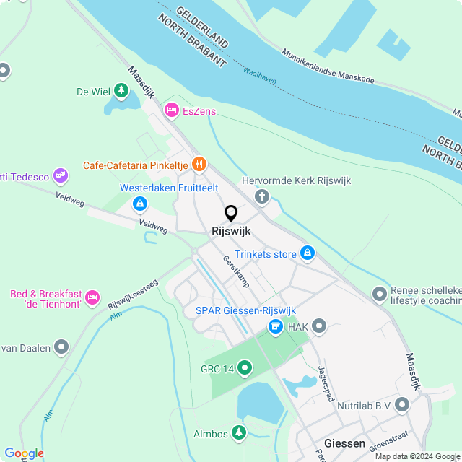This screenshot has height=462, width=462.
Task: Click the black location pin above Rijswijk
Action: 231,214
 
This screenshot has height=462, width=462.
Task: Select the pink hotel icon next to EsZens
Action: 172,110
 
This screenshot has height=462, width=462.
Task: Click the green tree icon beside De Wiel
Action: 121,91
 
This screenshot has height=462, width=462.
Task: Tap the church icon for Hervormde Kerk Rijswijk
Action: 261,196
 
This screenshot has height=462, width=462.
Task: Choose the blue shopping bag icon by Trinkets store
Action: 308,253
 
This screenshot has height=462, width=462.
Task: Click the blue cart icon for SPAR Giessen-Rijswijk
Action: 275,327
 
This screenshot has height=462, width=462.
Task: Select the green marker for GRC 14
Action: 245,369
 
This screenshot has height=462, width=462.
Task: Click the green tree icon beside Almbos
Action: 238,433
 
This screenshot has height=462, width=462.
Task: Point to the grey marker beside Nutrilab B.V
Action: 402,406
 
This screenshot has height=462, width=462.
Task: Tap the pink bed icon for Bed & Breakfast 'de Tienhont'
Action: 92,296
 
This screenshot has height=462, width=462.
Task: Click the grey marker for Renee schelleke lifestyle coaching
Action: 379,294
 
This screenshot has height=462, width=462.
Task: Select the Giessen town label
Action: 345,443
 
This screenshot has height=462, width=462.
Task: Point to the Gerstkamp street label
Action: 235,271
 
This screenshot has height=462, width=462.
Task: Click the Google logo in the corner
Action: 24,453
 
